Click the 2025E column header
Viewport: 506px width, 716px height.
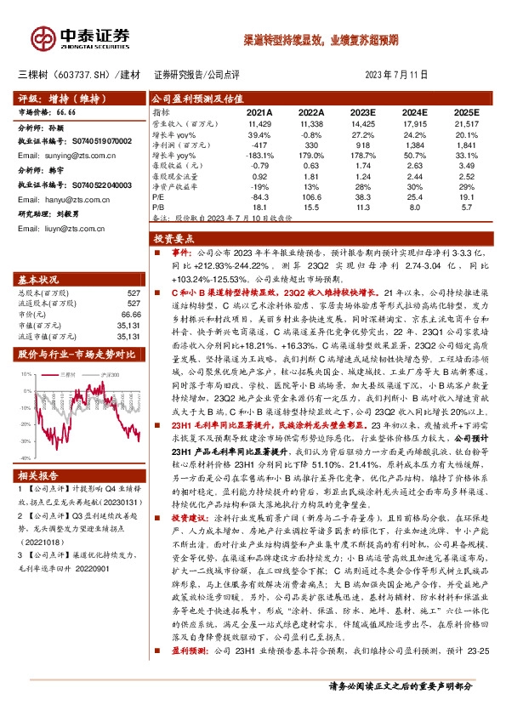point(467,112)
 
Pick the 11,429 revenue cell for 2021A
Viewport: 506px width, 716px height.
point(259,124)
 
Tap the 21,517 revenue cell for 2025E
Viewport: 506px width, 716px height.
point(467,124)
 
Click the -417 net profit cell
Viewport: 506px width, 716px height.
point(259,145)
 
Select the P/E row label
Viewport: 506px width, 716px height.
point(159,196)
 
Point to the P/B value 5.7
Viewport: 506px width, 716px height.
point(467,207)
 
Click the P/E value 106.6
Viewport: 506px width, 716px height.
point(311,196)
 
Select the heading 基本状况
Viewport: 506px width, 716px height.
point(38,279)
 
